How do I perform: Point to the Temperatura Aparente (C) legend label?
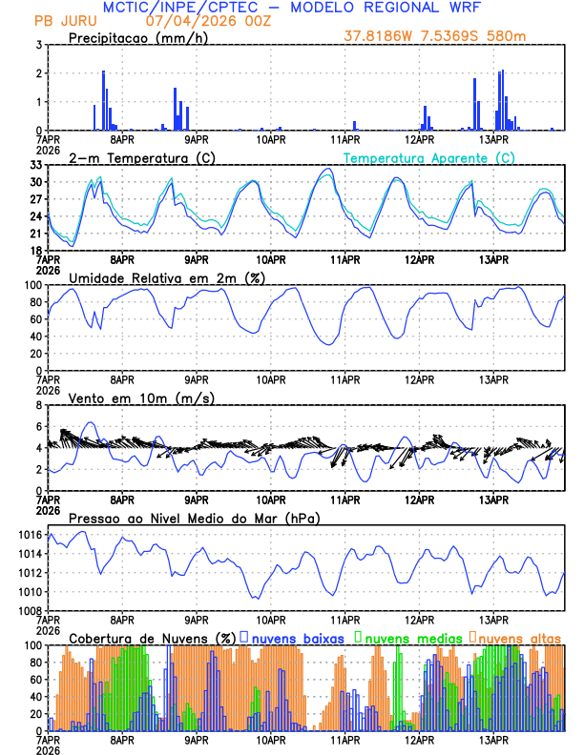pyautogui.click(x=428, y=157)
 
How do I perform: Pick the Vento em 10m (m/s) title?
pyautogui.click(x=142, y=397)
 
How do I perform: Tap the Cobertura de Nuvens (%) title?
pyautogui.click(x=153, y=637)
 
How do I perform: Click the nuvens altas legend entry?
pyautogui.click(x=517, y=637)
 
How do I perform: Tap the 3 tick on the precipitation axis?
pyautogui.click(x=38, y=45)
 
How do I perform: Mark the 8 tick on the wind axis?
pyautogui.click(x=38, y=405)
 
